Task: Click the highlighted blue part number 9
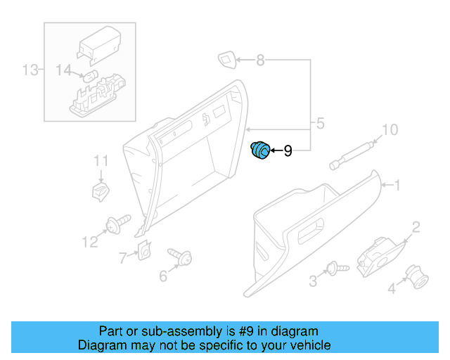[x=261, y=150]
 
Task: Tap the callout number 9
[x=288, y=151]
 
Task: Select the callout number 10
[x=389, y=129]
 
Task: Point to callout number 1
[x=396, y=186]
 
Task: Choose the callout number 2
[x=416, y=226]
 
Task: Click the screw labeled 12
[x=117, y=224]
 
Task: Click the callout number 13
[x=29, y=70]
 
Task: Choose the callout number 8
[x=260, y=60]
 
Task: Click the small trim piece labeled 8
[x=227, y=60]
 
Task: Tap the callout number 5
[x=320, y=124]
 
